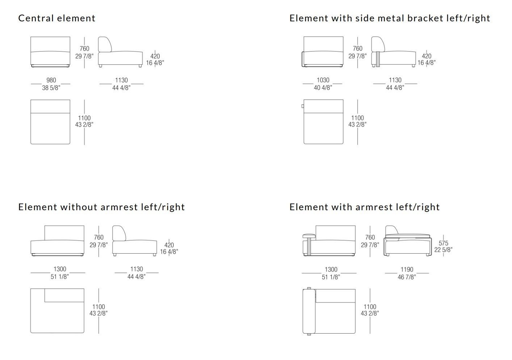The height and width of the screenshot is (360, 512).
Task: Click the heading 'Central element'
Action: click(57, 18)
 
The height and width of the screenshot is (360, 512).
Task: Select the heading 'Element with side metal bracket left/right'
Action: click(390, 18)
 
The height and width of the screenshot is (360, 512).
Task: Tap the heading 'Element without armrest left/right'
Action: click(101, 207)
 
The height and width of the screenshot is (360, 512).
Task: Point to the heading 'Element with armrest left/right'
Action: click(364, 207)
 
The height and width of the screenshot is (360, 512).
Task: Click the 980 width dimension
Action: click(51, 80)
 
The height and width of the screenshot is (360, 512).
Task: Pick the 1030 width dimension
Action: click(323, 80)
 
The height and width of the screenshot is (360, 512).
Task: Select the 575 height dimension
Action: click(443, 243)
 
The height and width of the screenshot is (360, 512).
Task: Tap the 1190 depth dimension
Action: click(407, 270)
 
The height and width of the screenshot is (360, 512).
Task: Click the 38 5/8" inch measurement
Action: click(51, 88)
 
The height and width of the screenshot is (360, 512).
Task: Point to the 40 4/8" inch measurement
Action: click(323, 88)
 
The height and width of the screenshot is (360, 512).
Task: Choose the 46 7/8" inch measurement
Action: click(407, 277)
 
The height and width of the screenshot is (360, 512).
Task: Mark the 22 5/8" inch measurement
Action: click(443, 250)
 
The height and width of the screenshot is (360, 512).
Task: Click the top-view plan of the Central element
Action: click(50, 122)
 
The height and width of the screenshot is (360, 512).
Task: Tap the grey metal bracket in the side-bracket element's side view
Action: click(378, 59)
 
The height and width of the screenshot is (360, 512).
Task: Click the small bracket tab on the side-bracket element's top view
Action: click(302, 106)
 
